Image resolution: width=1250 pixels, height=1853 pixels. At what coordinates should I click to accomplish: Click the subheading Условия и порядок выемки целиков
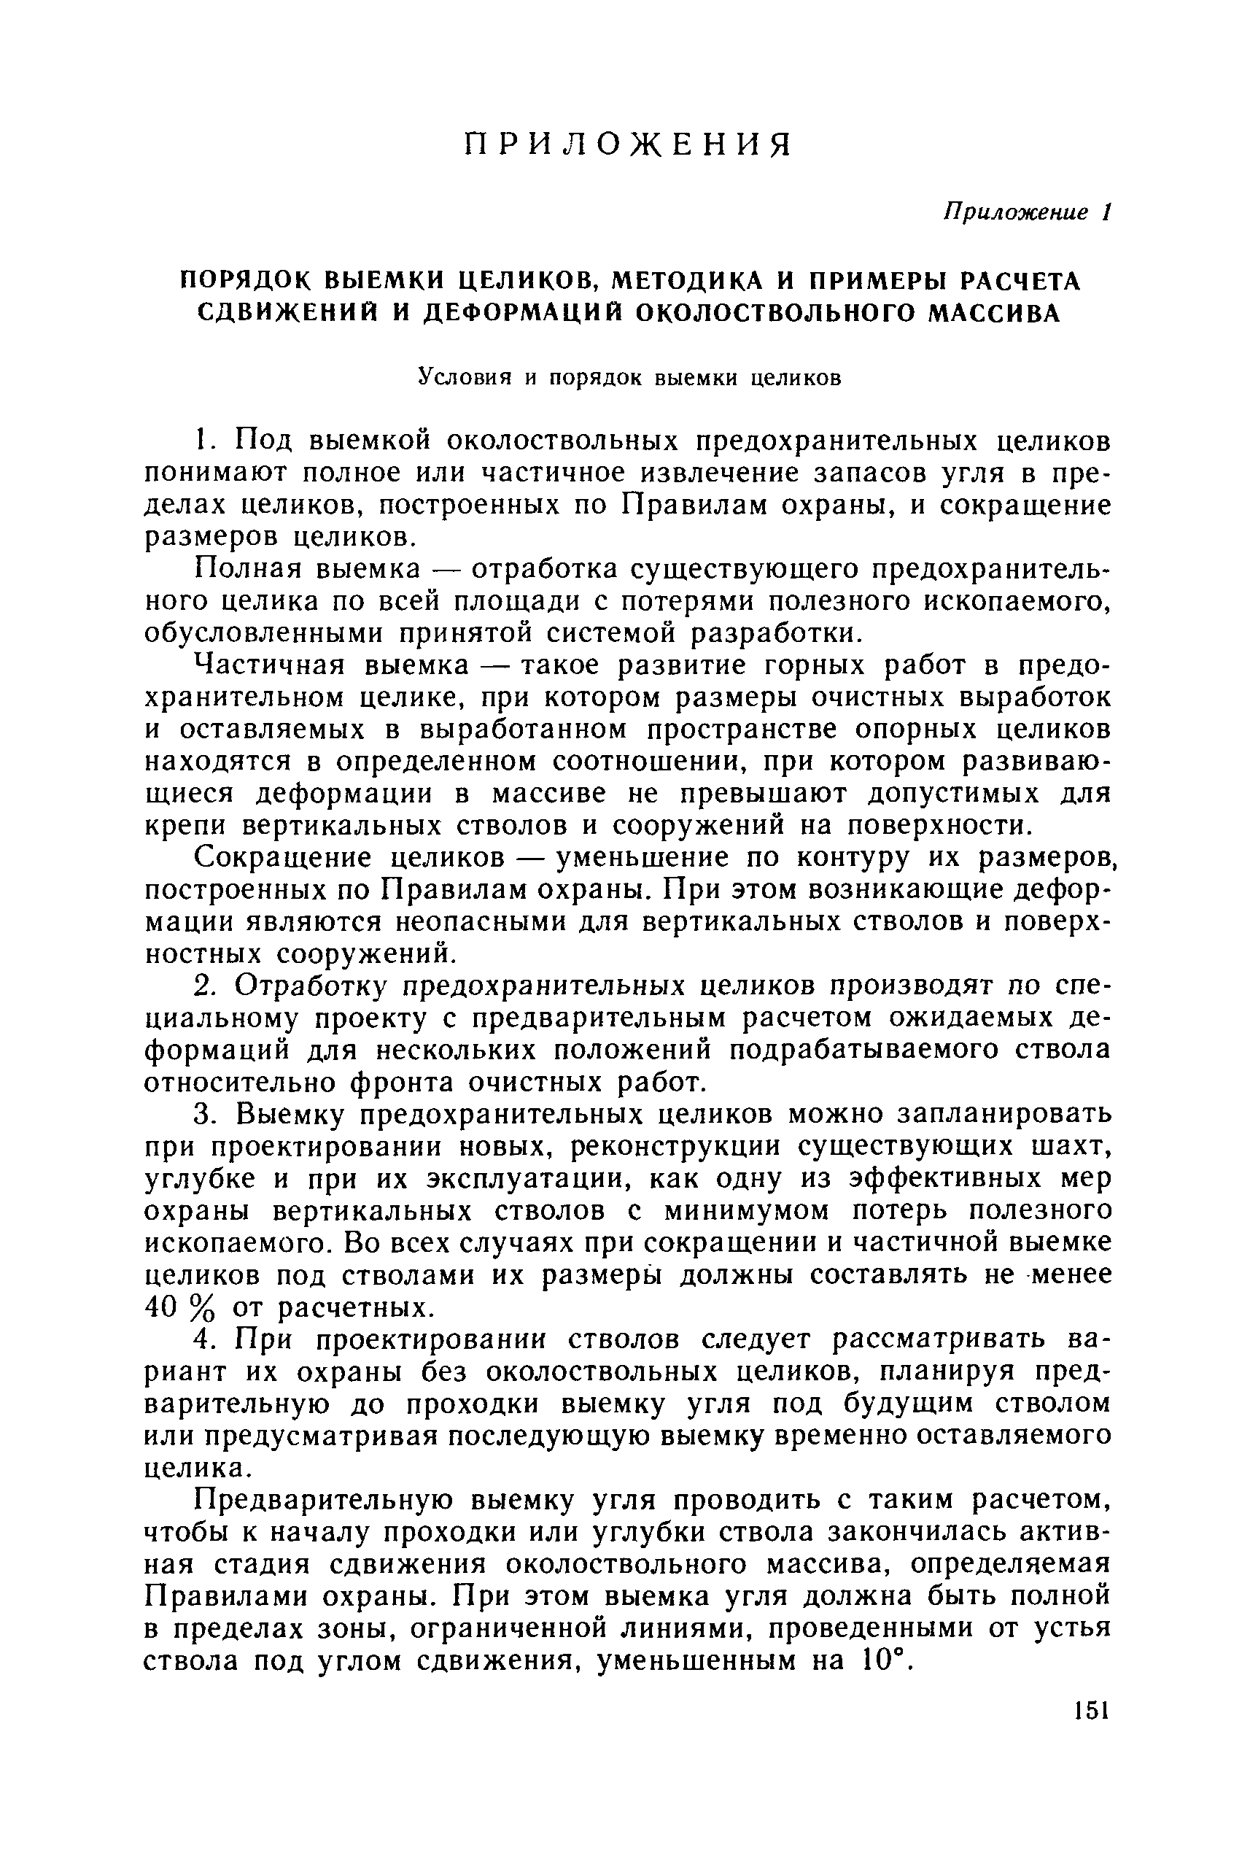point(630,377)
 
